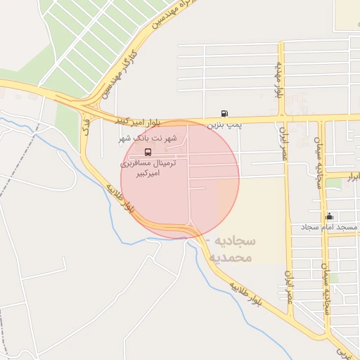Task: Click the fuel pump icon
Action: click(x=224, y=113)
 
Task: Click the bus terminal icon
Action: click(x=148, y=151)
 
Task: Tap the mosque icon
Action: click(x=329, y=216)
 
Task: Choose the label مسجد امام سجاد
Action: click(x=330, y=227)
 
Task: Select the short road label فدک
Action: click(x=86, y=127)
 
